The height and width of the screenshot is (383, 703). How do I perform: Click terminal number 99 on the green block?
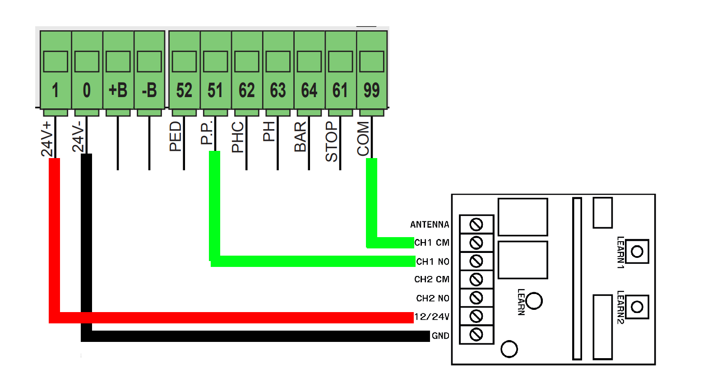click(372, 90)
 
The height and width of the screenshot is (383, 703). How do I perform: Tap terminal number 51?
click(215, 90)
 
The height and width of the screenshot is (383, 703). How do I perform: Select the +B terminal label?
click(118, 90)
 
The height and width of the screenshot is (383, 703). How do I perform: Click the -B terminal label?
click(149, 90)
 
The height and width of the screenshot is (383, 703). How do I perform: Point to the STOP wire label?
click(331, 141)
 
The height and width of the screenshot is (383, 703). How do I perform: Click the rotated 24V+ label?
click(47, 139)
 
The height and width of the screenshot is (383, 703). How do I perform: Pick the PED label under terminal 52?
click(175, 136)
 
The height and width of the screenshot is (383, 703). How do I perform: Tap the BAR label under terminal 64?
click(301, 136)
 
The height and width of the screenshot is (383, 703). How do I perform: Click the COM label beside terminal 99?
click(363, 139)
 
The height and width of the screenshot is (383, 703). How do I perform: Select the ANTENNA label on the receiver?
click(430, 224)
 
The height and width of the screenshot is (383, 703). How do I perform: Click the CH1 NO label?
click(433, 262)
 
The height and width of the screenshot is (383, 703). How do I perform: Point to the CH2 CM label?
click(432, 279)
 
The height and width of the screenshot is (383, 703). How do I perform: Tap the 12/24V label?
click(432, 317)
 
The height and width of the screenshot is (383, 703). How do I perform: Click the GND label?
click(441, 336)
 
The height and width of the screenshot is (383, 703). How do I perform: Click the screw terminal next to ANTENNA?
click(476, 224)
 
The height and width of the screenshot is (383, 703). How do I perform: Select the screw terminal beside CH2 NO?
click(476, 298)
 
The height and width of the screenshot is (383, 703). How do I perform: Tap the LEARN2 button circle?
click(637, 307)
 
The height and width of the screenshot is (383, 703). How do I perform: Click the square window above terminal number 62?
click(247, 61)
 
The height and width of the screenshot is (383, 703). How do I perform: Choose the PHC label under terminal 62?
click(238, 137)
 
